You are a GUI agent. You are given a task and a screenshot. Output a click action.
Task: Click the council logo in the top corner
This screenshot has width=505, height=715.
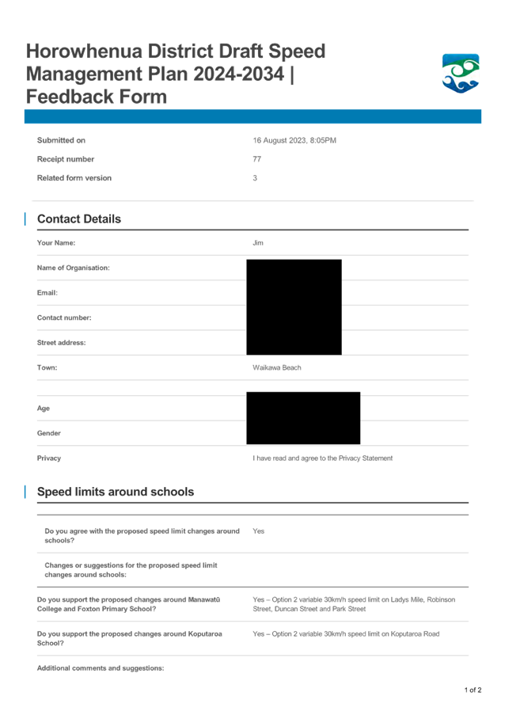click(x=460, y=74)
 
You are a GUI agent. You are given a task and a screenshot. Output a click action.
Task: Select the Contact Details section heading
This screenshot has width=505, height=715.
click(x=79, y=219)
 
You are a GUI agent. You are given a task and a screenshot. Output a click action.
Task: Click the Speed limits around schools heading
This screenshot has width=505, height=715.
click(x=116, y=492)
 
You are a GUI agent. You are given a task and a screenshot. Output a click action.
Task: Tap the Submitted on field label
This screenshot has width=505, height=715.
click(x=61, y=140)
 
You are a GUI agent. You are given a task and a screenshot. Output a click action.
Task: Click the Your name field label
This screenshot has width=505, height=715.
click(x=55, y=243)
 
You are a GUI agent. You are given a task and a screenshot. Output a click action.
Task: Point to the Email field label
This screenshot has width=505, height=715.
click(x=47, y=292)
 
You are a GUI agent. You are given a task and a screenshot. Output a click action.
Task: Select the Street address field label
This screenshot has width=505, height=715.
click(x=61, y=343)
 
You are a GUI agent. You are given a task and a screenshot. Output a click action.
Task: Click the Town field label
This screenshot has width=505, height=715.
click(x=47, y=368)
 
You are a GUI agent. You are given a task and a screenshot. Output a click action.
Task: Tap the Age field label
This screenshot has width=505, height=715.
click(x=44, y=409)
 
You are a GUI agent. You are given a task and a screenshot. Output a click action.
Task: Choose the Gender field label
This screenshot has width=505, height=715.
click(x=49, y=433)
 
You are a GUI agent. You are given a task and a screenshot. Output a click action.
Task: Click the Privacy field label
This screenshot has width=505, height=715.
click(x=49, y=458)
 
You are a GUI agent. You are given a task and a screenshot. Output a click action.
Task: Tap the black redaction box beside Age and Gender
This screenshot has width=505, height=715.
click(x=302, y=418)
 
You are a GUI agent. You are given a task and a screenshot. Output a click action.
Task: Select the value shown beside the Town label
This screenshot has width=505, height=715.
click(x=276, y=368)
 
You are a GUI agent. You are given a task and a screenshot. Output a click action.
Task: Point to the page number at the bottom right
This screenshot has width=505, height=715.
click(x=473, y=690)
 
